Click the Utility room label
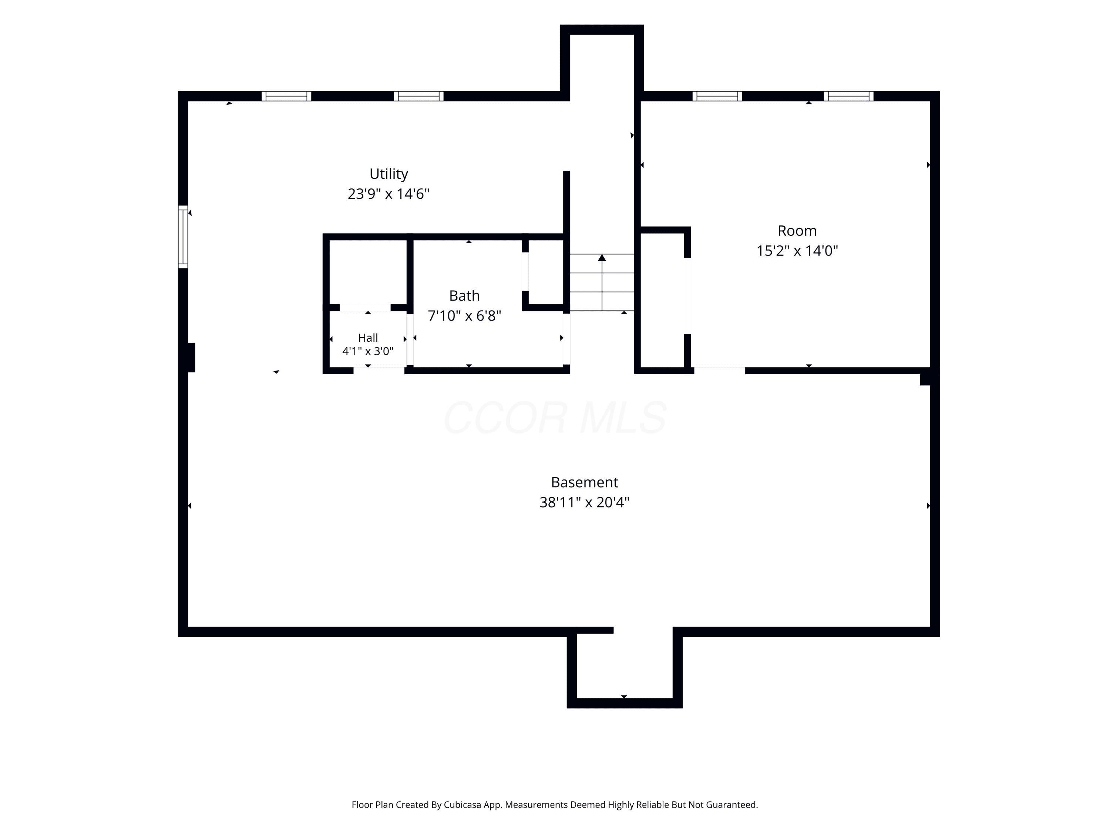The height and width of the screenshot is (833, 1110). pyautogui.click(x=388, y=174)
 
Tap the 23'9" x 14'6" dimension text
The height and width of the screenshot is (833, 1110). pyautogui.click(x=388, y=194)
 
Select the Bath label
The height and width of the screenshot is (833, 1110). pyautogui.click(x=464, y=296)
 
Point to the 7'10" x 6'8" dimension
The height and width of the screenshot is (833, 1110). pyautogui.click(x=464, y=316)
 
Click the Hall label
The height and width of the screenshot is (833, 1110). pyautogui.click(x=368, y=338)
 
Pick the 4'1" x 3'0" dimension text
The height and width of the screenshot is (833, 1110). pyautogui.click(x=368, y=351)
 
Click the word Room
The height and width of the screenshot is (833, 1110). pyautogui.click(x=797, y=231)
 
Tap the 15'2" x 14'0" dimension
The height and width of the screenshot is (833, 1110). pyautogui.click(x=797, y=251)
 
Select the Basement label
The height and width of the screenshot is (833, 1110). pyautogui.click(x=584, y=482)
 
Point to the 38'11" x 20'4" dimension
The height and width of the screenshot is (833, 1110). pyautogui.click(x=584, y=502)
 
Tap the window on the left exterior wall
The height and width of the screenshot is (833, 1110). pyautogui.click(x=183, y=237)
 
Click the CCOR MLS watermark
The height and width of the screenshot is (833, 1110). pyautogui.click(x=555, y=417)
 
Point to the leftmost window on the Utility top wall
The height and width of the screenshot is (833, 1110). pyautogui.click(x=286, y=96)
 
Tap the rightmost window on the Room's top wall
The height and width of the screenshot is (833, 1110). pyautogui.click(x=848, y=96)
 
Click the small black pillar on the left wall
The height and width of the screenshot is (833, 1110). pyautogui.click(x=191, y=358)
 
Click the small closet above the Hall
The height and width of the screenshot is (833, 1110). pyautogui.click(x=368, y=272)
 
